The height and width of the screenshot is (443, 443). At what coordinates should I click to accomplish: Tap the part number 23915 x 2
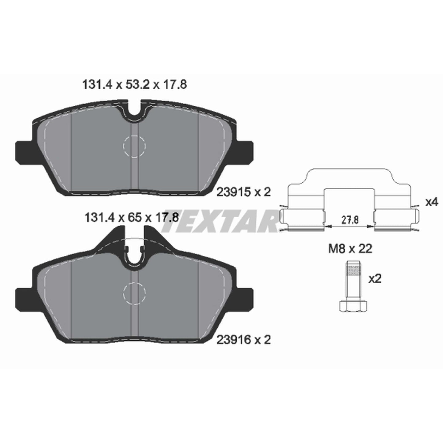(244, 192)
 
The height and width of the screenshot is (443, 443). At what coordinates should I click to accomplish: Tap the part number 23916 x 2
(244, 340)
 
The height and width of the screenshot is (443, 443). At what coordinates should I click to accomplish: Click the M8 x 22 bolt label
(350, 249)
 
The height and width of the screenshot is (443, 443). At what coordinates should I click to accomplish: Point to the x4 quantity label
(432, 202)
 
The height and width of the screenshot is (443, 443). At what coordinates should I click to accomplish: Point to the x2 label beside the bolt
(375, 279)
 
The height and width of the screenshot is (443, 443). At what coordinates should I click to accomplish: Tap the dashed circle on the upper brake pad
(135, 146)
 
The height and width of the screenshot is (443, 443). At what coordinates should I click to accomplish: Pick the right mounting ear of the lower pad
(245, 298)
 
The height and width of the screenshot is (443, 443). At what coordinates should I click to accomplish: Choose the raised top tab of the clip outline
(349, 176)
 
